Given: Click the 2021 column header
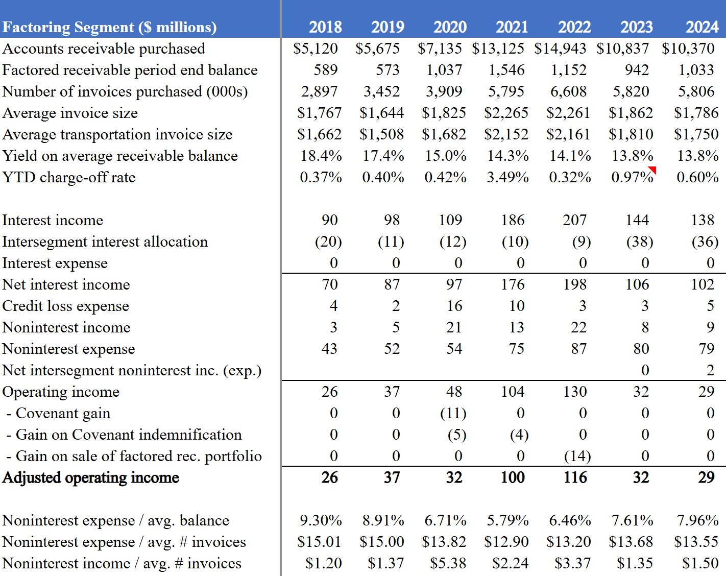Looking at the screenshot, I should (x=512, y=27).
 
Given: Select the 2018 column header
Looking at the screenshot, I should (x=325, y=27).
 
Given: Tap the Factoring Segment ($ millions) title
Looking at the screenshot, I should (x=109, y=27).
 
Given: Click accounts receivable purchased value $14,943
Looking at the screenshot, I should (x=560, y=49).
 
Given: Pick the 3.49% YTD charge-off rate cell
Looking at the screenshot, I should (x=507, y=177).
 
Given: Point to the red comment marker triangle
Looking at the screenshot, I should (x=652, y=170).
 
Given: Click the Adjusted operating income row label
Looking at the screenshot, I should (x=91, y=477).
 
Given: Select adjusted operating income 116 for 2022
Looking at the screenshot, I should (x=575, y=477).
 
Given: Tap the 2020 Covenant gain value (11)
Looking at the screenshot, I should (x=453, y=413).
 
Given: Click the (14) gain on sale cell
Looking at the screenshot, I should (x=577, y=456).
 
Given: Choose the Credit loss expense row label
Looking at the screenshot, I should (x=66, y=306).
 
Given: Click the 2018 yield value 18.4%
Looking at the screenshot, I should (x=321, y=156).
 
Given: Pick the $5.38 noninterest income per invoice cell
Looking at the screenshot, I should (x=448, y=563).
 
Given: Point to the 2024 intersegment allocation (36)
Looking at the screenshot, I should (x=705, y=242).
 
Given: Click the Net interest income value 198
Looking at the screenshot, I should (x=575, y=284).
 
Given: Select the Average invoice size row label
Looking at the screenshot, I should (x=70, y=113).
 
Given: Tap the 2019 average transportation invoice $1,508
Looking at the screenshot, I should (x=381, y=134).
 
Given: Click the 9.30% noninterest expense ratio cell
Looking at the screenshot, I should (x=321, y=520).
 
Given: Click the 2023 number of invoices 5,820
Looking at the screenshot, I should (x=631, y=91).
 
